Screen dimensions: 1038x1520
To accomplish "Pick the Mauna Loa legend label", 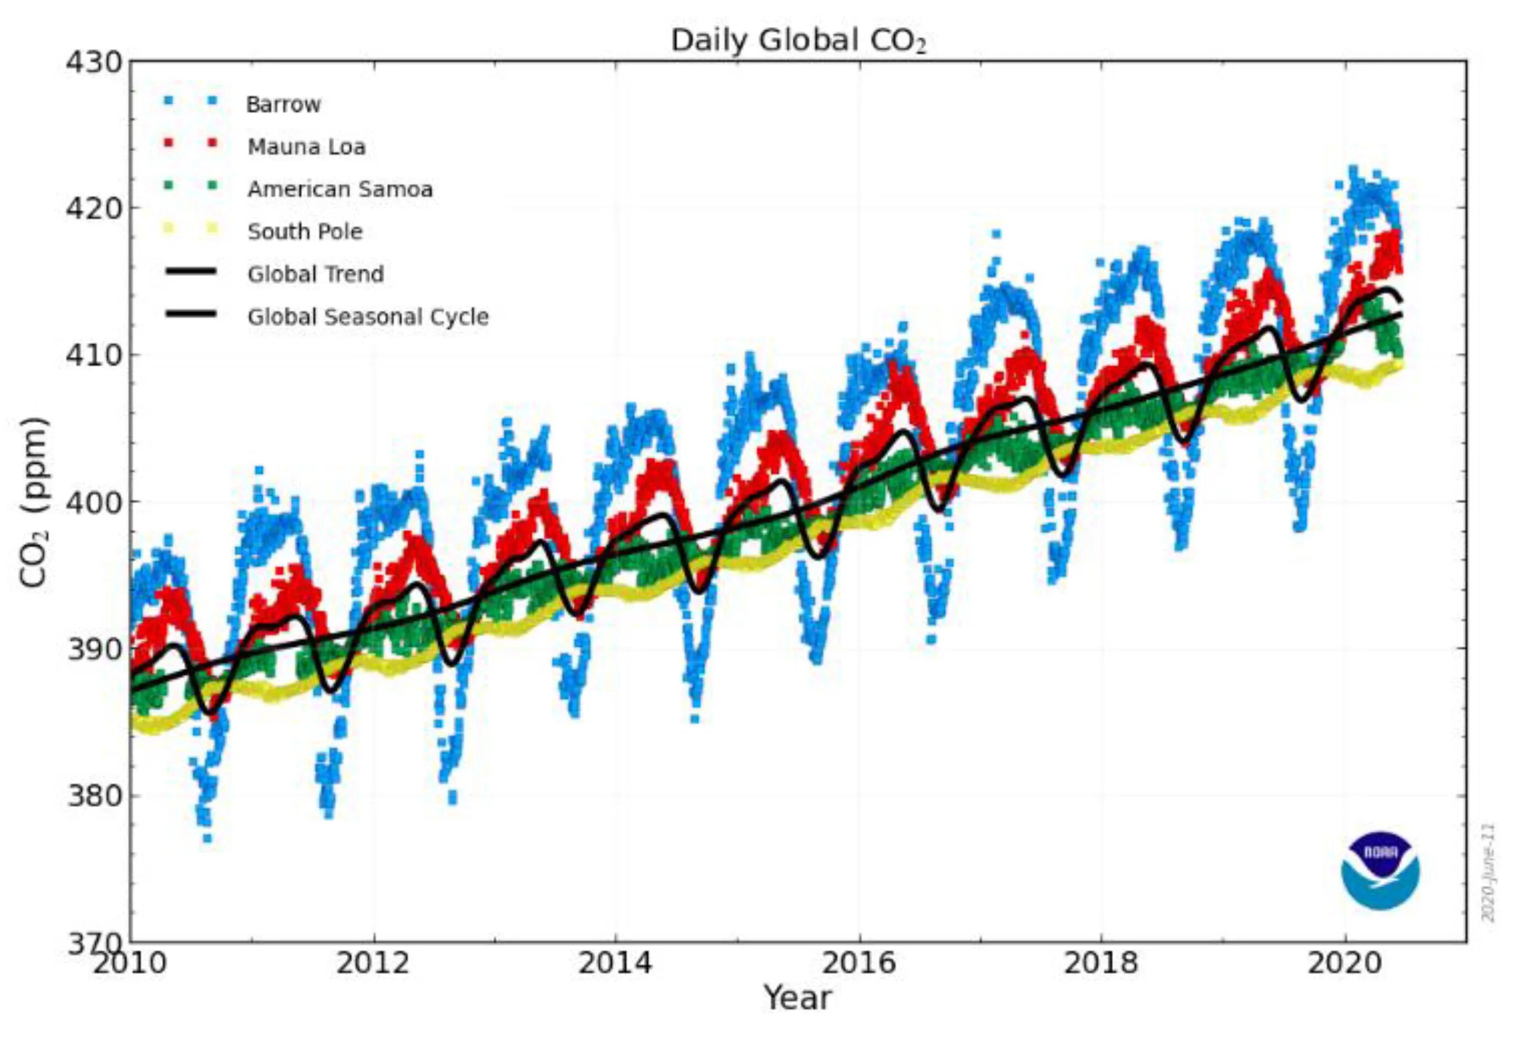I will (x=306, y=147).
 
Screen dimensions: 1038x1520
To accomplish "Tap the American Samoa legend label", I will (x=340, y=190).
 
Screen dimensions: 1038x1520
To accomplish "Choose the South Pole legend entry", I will (x=305, y=232).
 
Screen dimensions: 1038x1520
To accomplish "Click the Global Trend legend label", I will (x=315, y=274).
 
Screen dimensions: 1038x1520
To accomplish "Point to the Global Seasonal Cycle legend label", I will (x=368, y=317).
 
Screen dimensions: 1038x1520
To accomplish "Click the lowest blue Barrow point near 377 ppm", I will (x=207, y=838).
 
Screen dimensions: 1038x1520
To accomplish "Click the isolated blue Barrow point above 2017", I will (x=996, y=233).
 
